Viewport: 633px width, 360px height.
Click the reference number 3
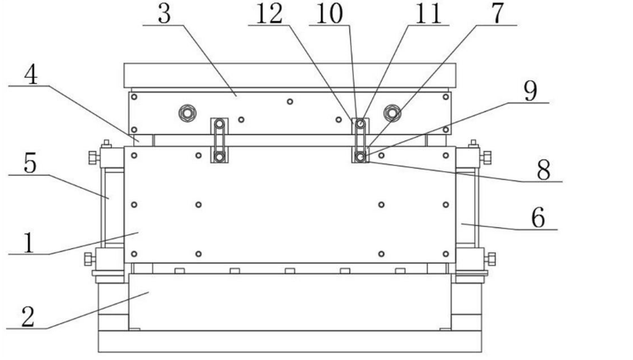click(x=163, y=15)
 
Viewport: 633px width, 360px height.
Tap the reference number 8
click(x=543, y=170)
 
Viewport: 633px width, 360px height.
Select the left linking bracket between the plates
click(x=220, y=140)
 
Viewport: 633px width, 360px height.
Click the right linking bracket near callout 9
click(x=359, y=140)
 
